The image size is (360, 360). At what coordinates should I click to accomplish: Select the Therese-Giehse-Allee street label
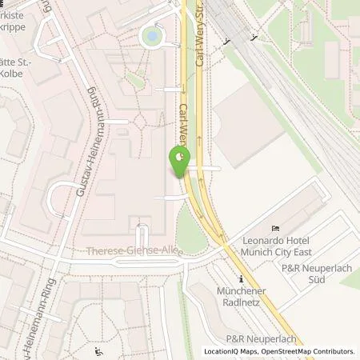[134, 251]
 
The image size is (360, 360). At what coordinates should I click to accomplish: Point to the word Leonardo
[264, 239]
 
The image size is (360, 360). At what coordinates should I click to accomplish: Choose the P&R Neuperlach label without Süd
[258, 338]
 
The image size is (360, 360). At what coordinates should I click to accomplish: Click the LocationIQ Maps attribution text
[232, 351]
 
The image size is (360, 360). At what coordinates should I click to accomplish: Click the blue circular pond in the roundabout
[150, 34]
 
